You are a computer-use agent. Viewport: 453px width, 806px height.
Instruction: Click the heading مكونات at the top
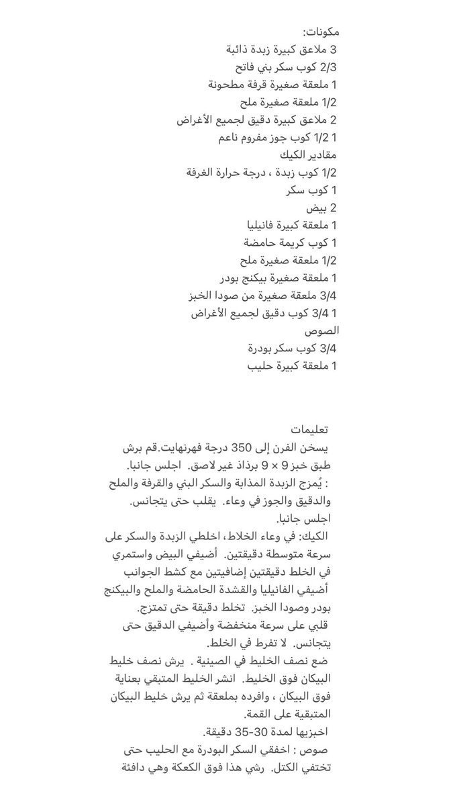[321, 32]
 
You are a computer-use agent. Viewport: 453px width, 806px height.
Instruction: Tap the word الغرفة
[204, 173]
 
